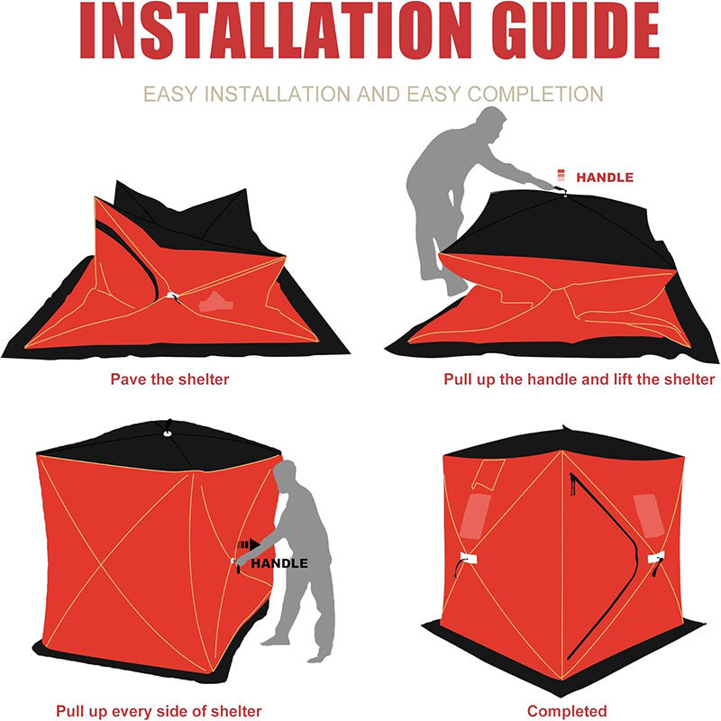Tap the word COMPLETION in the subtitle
pyautogui.click(x=535, y=94)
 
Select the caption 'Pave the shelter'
pyautogui.click(x=169, y=379)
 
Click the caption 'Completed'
pyautogui.click(x=567, y=711)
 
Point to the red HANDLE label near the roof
pyautogui.click(x=605, y=178)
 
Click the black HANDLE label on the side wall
pyautogui.click(x=279, y=563)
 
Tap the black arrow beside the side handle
pyautogui.click(x=249, y=545)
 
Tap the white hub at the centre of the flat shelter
pyautogui.click(x=172, y=296)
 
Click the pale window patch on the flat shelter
pyautogui.click(x=216, y=302)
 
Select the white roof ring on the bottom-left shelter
pyautogui.click(x=167, y=434)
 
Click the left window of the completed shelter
pyautogui.click(x=476, y=516)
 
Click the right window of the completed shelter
pyautogui.click(x=648, y=516)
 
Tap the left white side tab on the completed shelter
pyautogui.click(x=469, y=558)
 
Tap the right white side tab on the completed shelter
pyautogui.click(x=656, y=558)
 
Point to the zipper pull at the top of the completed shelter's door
pyautogui.click(x=572, y=485)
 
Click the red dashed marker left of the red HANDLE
pyautogui.click(x=561, y=176)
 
